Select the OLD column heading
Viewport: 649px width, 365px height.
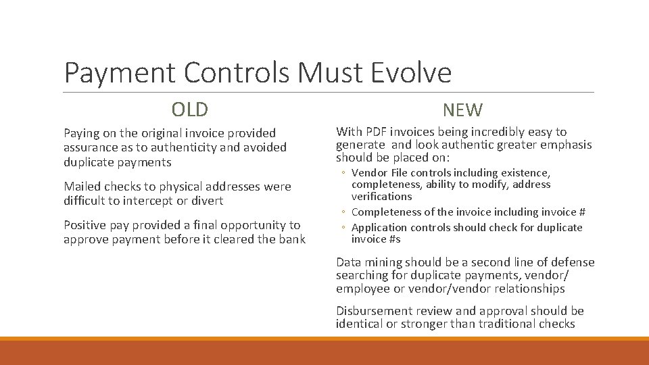(x=190, y=109)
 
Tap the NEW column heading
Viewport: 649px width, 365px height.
(x=463, y=110)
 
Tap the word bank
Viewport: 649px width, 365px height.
(x=292, y=239)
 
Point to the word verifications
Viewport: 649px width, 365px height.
(x=381, y=197)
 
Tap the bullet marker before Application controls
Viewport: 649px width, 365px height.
(x=343, y=228)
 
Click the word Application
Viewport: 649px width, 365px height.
(x=379, y=228)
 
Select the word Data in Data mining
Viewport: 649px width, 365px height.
(x=348, y=262)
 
